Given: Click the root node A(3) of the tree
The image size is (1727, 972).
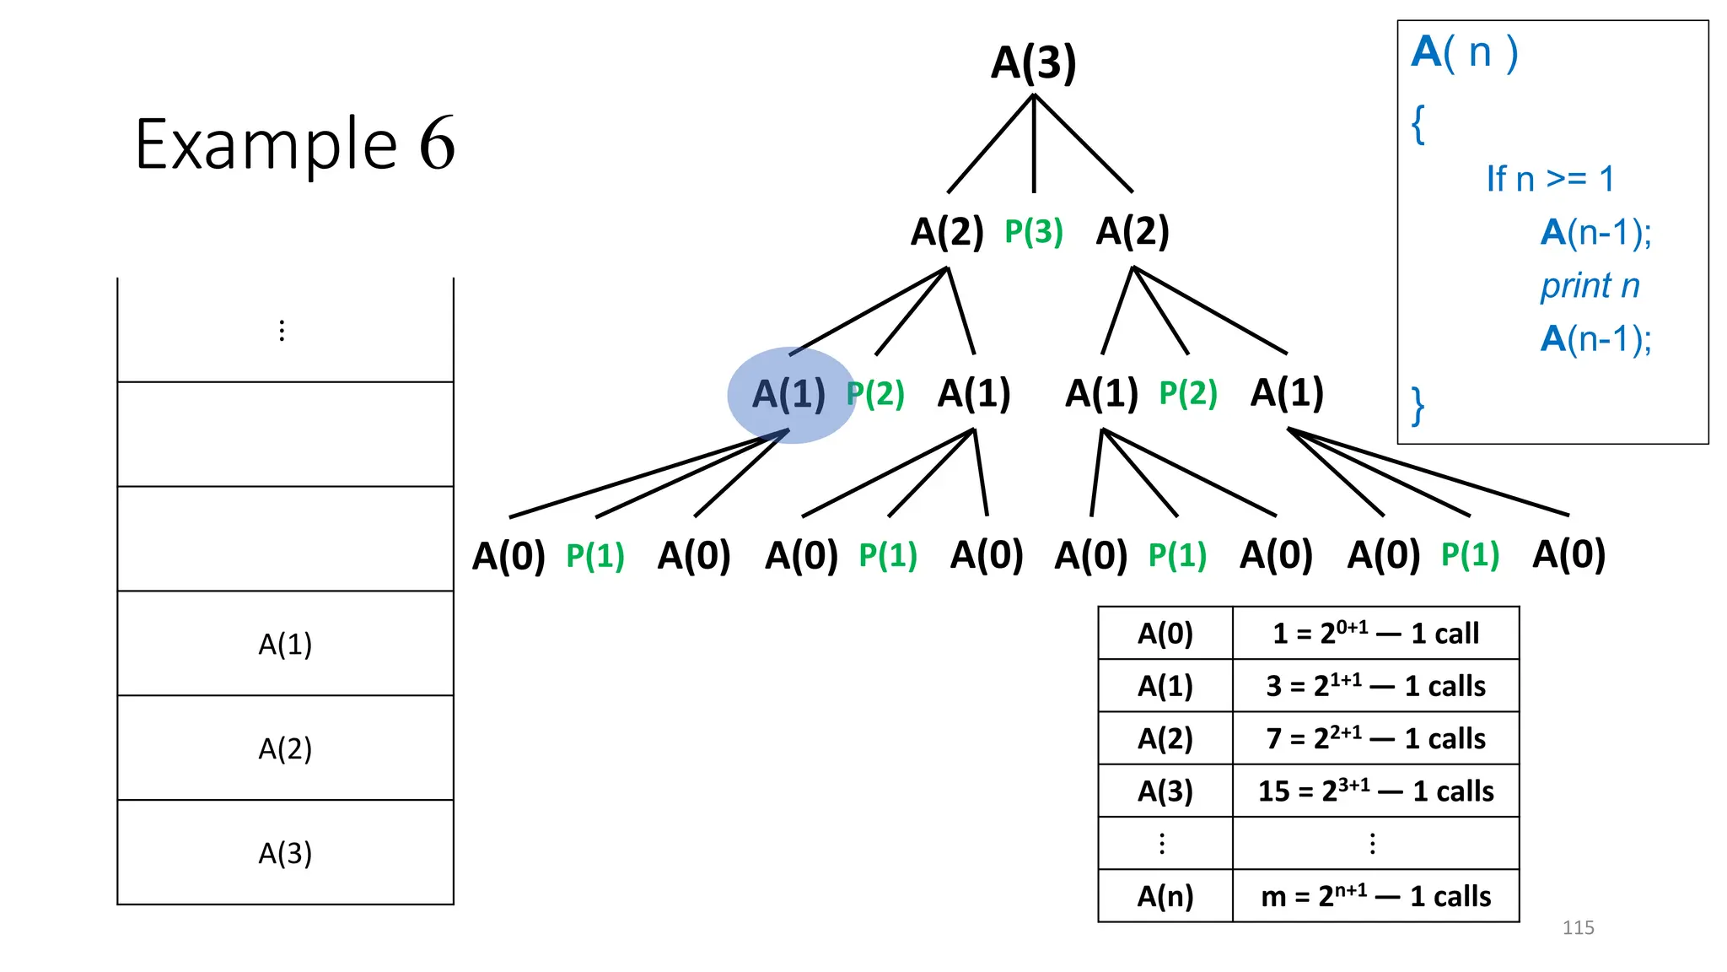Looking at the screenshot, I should (1033, 63).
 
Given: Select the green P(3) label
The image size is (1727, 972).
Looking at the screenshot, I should (1033, 232).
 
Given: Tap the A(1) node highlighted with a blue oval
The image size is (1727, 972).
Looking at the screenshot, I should (789, 394).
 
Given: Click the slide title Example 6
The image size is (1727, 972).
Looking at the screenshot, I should (294, 144).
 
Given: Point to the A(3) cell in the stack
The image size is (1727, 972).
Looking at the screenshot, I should (285, 853).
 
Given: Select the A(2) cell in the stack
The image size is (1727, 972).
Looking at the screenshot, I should (285, 748).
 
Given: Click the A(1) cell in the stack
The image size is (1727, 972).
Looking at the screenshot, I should (285, 645).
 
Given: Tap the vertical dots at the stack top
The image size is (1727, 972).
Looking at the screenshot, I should (282, 331).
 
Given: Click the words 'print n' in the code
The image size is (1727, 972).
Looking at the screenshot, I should (1590, 286).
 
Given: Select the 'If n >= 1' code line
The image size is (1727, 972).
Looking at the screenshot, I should (1550, 179).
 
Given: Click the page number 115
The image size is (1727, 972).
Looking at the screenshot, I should (1578, 928).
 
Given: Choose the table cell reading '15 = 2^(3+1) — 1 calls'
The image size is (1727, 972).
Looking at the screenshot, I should (1375, 791).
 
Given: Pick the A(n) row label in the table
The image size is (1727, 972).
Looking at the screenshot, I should (1165, 896).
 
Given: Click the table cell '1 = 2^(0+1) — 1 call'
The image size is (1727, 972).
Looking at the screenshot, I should (1375, 633).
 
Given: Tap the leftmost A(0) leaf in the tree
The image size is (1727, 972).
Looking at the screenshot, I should (508, 556).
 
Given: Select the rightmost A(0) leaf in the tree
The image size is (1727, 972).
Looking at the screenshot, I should (1568, 554).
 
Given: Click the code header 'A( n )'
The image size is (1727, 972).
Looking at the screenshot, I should (1465, 52).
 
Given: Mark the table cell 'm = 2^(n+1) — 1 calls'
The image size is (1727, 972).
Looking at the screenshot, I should (1375, 896).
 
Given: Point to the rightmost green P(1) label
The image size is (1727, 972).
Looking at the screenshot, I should (1470, 555).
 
